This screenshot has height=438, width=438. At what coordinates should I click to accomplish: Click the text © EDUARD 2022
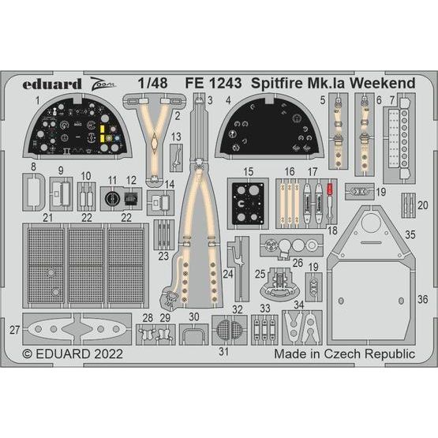[x=72, y=356]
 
